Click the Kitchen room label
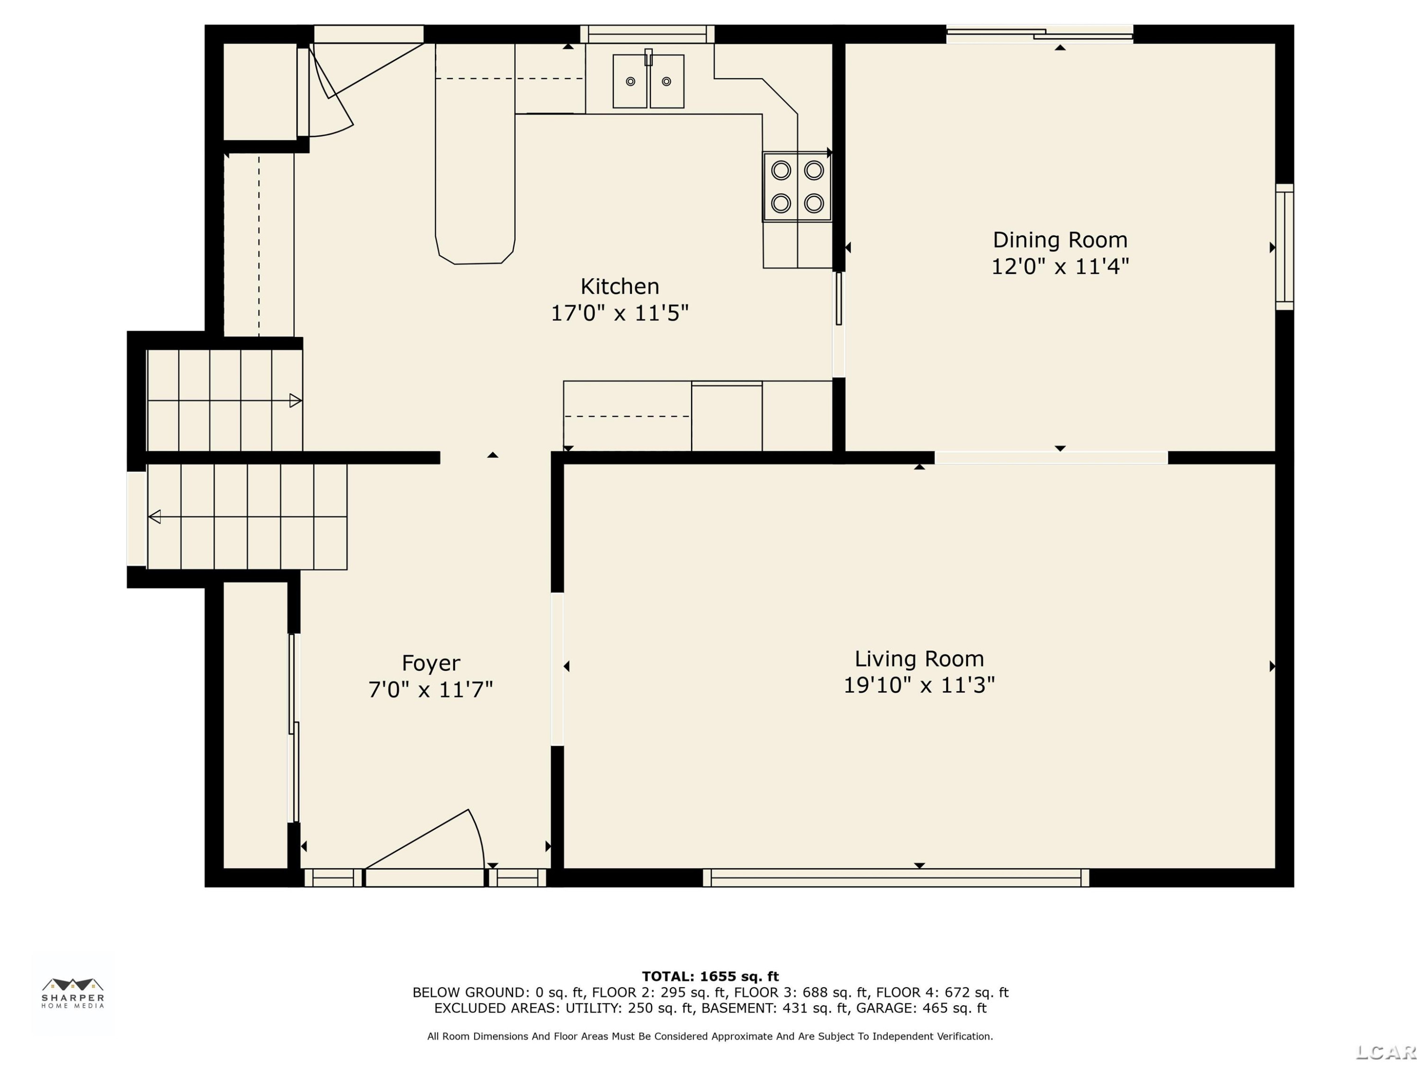pos(620,286)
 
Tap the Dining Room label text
pos(1060,240)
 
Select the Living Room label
pos(919,659)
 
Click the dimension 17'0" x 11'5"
pos(620,313)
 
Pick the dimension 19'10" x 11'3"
pos(919,685)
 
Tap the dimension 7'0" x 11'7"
pos(431,689)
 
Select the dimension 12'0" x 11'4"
pos(1060,266)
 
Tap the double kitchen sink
pos(648,81)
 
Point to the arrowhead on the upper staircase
pos(296,401)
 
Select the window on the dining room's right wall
pos(1284,247)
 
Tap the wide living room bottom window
pos(896,878)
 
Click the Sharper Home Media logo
pos(72,993)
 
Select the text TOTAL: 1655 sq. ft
pos(710,976)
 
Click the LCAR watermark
pos(1386,1052)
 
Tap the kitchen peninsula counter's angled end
pos(476,251)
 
